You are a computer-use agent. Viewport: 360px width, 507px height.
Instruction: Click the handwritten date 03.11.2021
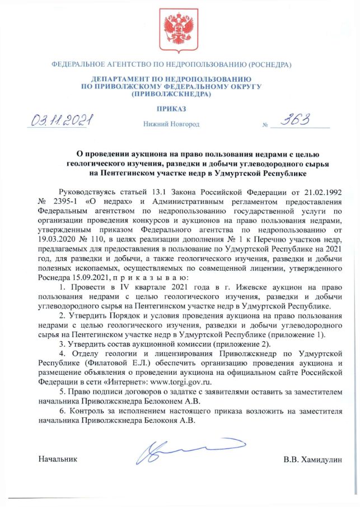pyautogui.click(x=63, y=120)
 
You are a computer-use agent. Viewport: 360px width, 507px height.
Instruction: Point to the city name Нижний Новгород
pyautogui.click(x=171, y=124)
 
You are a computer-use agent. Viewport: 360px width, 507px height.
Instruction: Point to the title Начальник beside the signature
pyautogui.click(x=57, y=459)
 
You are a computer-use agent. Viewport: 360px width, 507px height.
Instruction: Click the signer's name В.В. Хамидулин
pyautogui.click(x=313, y=459)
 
